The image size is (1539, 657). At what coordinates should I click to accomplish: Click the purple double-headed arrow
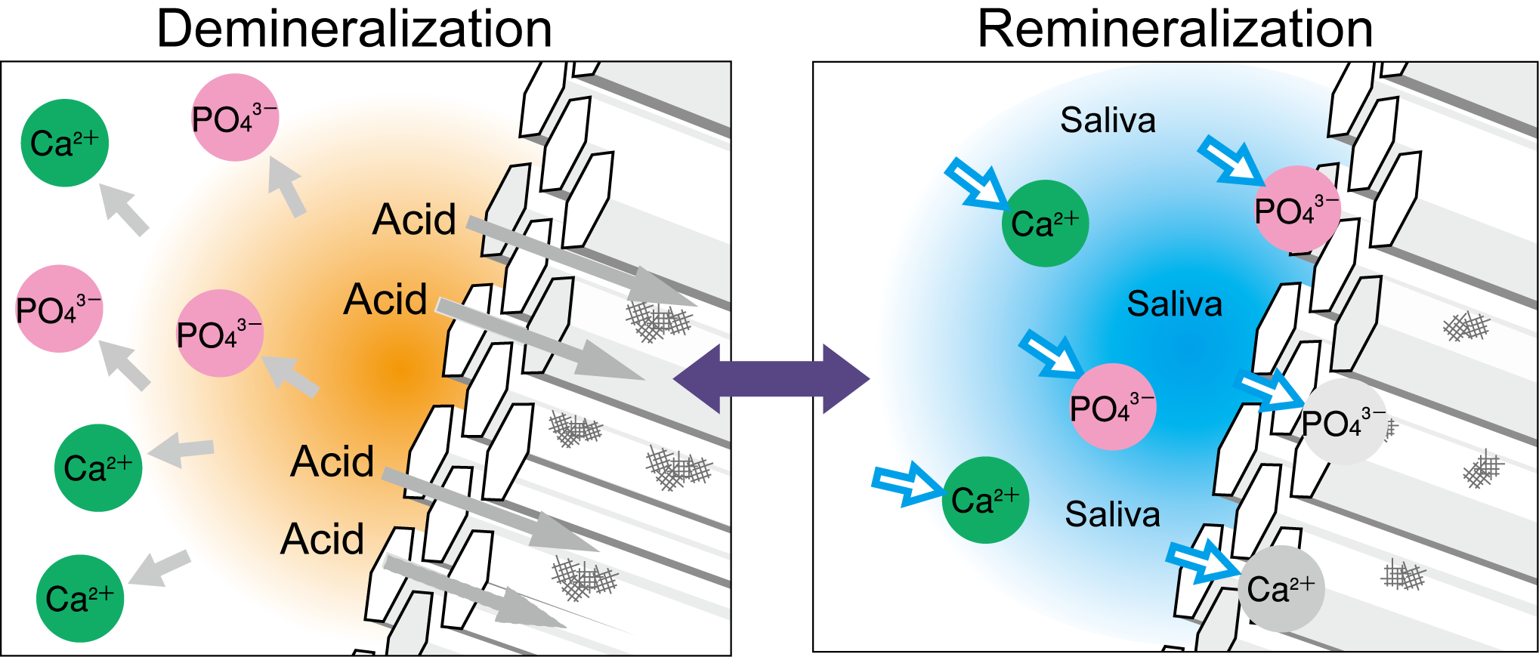tap(771, 379)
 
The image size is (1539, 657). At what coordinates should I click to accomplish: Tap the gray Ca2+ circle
tap(1281, 589)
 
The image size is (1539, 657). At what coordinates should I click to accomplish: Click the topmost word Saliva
tap(1108, 121)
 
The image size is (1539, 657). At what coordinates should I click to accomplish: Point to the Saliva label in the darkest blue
tap(1174, 304)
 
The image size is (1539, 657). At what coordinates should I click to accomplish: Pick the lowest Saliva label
tap(1112, 515)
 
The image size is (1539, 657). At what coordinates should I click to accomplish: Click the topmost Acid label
tap(414, 220)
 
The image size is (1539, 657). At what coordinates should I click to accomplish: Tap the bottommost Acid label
tap(323, 539)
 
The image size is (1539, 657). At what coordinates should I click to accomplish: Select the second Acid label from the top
tap(385, 300)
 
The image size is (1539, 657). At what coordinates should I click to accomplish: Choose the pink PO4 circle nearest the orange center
tap(219, 334)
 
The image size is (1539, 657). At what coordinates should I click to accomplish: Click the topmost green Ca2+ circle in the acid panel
tap(65, 143)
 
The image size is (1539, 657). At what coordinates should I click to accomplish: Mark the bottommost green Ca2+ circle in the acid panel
tap(80, 599)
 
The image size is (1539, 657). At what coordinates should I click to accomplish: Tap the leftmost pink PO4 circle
tap(59, 310)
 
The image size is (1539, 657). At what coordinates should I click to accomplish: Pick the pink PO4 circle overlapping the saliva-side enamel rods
tap(1296, 210)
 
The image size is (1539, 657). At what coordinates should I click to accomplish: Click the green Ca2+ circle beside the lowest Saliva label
tap(985, 500)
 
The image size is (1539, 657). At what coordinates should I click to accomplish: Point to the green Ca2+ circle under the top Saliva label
tap(1045, 224)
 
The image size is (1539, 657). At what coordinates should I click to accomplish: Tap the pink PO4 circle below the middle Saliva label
tap(1112, 408)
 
